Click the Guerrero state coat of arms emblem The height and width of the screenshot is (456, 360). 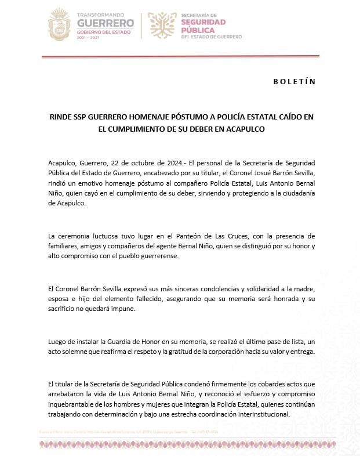(58, 24)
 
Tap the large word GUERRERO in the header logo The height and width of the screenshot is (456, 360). (106, 23)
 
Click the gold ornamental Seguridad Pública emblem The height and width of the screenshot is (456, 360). (162, 25)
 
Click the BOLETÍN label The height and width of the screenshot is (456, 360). (294, 81)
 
